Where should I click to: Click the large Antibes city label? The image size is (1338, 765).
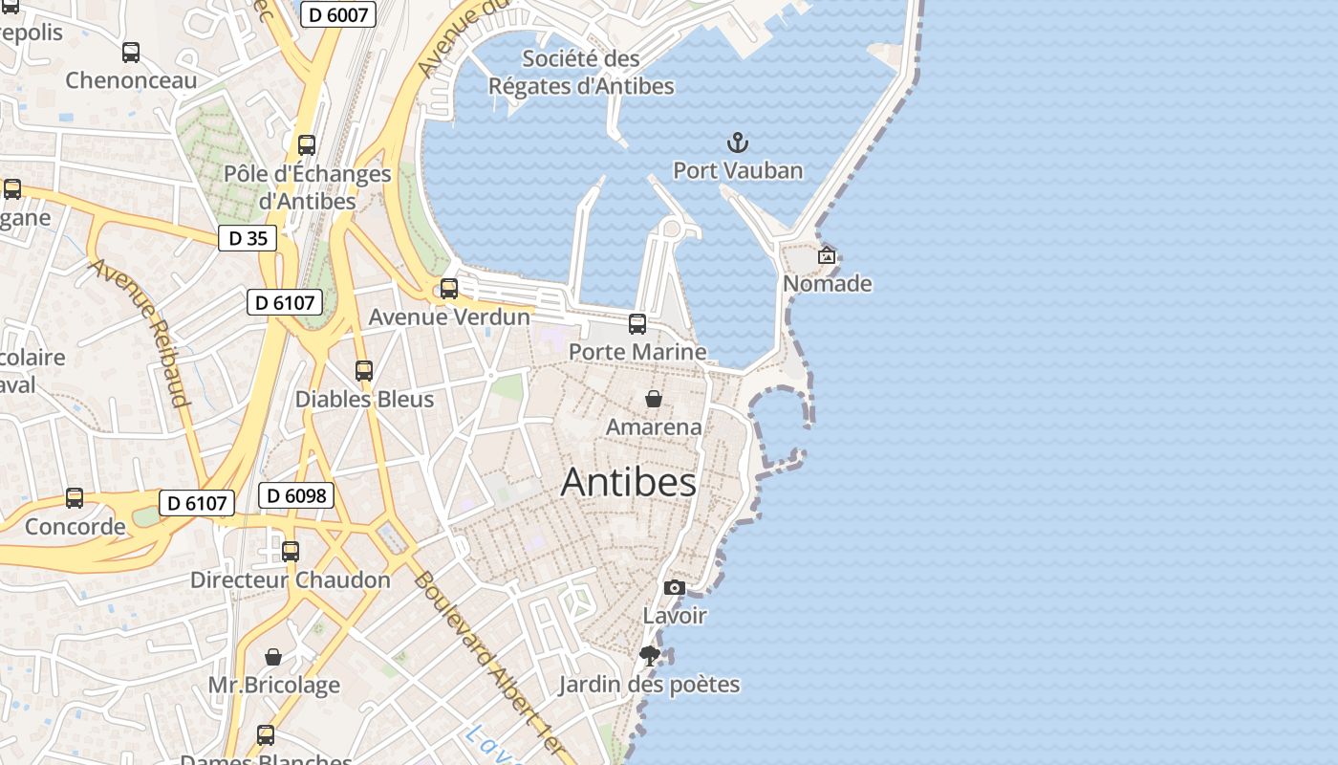(628, 482)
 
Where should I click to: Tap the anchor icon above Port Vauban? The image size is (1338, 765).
(738, 144)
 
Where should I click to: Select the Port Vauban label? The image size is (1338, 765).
(738, 171)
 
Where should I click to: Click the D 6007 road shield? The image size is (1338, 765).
(337, 14)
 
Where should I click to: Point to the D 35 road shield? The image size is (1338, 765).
(248, 238)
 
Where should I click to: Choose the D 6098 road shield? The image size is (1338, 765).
(296, 495)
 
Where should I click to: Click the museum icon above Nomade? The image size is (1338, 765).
(827, 255)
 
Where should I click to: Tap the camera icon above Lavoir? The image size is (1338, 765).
(675, 587)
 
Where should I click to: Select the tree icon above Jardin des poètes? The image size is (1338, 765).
(650, 656)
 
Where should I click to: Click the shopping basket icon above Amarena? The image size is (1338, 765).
(654, 399)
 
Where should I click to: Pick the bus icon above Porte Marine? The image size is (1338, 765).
(637, 324)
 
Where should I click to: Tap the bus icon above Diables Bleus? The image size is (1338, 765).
(364, 371)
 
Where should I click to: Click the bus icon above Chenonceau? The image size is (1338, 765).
(131, 53)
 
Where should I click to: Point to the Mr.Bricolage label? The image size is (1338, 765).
(274, 685)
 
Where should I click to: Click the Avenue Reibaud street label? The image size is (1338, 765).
(140, 332)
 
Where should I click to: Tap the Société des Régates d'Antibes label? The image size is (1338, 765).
(581, 73)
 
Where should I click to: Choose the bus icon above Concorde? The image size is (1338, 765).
(75, 498)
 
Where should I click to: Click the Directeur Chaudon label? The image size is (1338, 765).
(291, 579)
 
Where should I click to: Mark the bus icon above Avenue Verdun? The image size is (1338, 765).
(448, 289)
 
